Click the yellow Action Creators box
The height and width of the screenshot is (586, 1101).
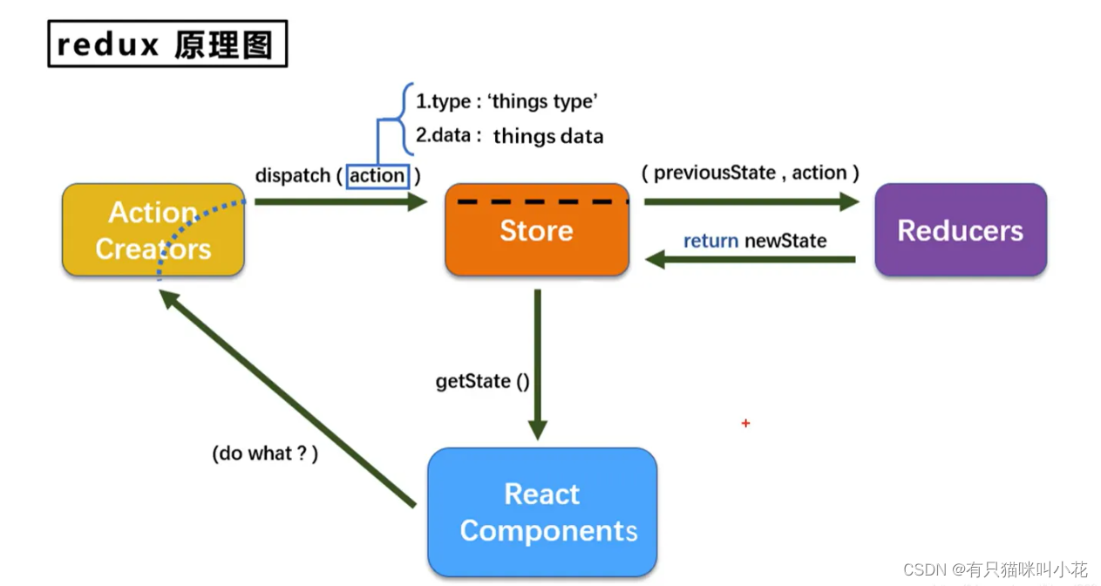153,230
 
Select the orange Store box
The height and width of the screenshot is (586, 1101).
536,231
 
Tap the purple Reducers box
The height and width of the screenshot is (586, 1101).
960,230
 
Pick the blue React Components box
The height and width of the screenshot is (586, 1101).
541,512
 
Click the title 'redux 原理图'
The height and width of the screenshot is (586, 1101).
167,44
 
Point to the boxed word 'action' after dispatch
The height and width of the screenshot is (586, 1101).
377,176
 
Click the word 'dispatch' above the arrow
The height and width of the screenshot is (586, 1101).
292,176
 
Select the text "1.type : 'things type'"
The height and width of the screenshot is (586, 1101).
506,101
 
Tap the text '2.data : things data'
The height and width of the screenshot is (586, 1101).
509,136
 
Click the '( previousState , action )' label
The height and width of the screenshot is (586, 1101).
751,173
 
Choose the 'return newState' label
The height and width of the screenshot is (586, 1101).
755,241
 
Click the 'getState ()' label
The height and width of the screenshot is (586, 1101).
482,382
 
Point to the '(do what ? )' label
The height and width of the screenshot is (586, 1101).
265,453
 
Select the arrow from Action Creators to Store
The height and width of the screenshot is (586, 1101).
340,201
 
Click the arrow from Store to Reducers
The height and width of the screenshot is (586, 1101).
751,201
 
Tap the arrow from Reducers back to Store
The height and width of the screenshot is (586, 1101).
751,259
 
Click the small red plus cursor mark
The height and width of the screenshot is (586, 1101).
745,424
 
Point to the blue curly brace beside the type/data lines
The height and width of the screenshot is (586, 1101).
404,118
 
